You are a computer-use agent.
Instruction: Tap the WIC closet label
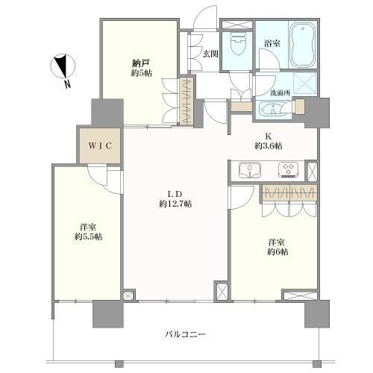101,145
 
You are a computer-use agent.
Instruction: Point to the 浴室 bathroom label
272,44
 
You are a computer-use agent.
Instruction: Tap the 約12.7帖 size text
175,204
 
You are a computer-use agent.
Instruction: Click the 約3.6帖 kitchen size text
266,146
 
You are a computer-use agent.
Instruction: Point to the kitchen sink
250,170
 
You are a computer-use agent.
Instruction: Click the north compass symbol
61,67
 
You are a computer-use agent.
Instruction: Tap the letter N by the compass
67,84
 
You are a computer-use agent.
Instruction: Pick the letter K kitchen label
266,137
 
